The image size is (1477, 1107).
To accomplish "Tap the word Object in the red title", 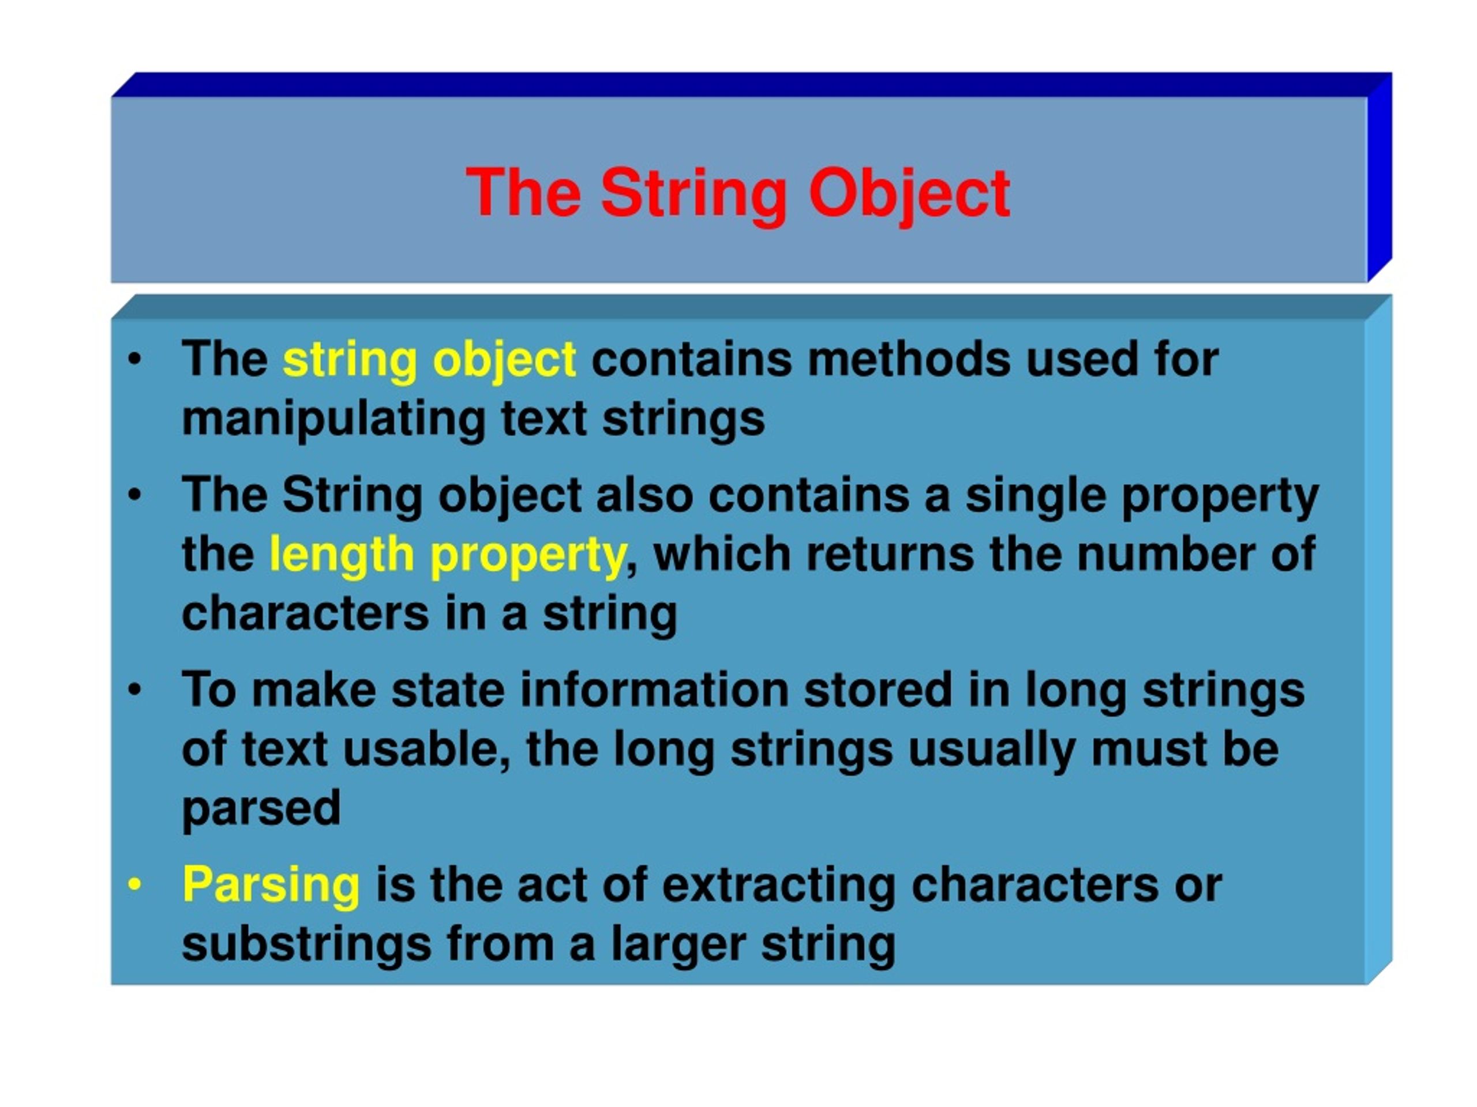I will click(909, 194).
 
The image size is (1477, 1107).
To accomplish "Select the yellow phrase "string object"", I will click(429, 360).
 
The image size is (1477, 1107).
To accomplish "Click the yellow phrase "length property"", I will click(447, 555).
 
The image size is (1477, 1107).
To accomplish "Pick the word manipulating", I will click(333, 419).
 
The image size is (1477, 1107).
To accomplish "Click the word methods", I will click(909, 360).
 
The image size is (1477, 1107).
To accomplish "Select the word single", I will click(1035, 496).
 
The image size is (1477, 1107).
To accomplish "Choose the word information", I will click(654, 690).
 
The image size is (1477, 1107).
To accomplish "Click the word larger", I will click(678, 944).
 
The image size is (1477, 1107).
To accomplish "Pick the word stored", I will click(878, 690).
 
